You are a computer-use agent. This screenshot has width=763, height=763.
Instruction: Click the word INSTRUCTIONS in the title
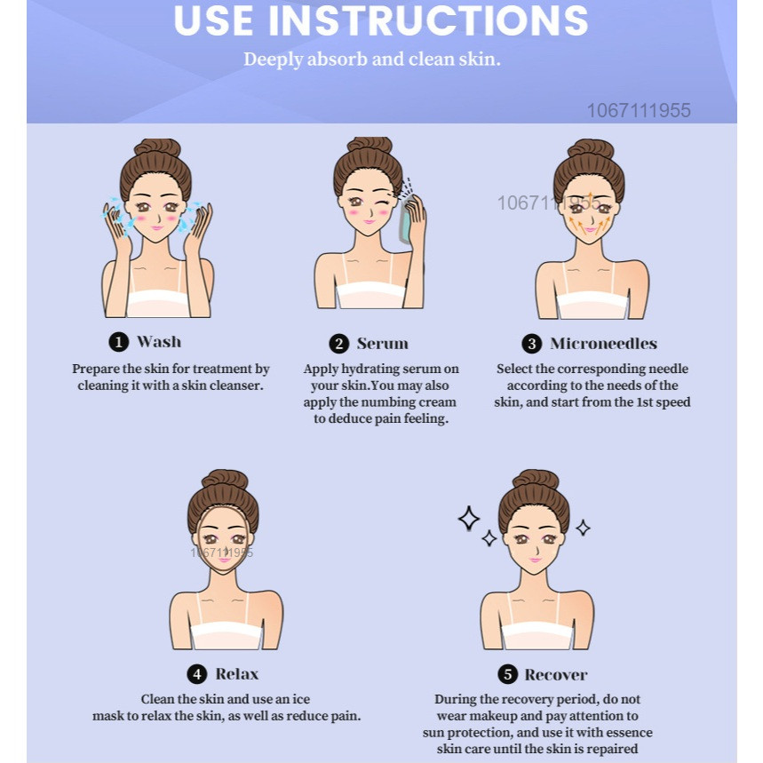pyautogui.click(x=428, y=20)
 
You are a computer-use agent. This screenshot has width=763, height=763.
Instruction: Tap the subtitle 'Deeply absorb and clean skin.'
pyautogui.click(x=372, y=60)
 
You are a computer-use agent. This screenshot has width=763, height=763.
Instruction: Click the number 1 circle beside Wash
pyautogui.click(x=119, y=342)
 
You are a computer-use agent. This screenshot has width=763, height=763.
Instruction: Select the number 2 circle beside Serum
pyautogui.click(x=339, y=344)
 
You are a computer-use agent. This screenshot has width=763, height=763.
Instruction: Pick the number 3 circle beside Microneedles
pyautogui.click(x=532, y=344)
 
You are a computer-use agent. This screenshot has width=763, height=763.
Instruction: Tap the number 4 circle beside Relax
pyautogui.click(x=197, y=674)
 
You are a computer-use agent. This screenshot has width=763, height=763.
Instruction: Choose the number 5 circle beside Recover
pyautogui.click(x=507, y=674)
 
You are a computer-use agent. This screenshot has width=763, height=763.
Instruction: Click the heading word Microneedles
pyautogui.click(x=603, y=344)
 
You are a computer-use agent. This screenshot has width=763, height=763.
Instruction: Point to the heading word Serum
pyautogui.click(x=383, y=344)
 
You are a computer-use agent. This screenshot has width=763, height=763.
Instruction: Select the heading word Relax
pyautogui.click(x=237, y=674)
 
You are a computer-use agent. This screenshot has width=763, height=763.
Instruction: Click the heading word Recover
pyautogui.click(x=556, y=675)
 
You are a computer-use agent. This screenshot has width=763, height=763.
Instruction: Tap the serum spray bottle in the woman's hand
pyautogui.click(x=405, y=219)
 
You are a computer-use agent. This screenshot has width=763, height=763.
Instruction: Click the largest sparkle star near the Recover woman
pyautogui.click(x=469, y=518)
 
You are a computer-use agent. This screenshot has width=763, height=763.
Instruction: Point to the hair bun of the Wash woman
pyautogui.click(x=157, y=147)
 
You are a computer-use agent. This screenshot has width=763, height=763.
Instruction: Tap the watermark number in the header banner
pyautogui.click(x=639, y=110)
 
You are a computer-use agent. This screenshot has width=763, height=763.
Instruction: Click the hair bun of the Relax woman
pyautogui.click(x=225, y=480)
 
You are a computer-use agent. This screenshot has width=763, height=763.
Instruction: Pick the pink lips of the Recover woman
pyautogui.click(x=536, y=560)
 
